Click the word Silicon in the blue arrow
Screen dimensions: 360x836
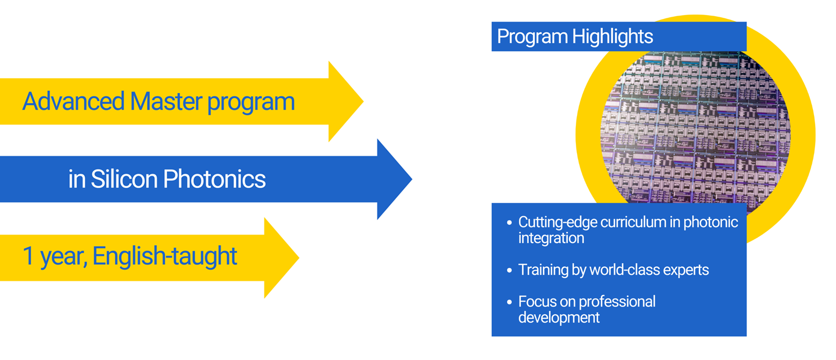123,179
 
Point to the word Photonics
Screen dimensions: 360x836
214,179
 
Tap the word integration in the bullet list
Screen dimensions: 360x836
551,238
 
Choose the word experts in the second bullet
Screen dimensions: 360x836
686,269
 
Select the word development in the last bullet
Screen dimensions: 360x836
558,317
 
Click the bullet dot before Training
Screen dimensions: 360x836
509,270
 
